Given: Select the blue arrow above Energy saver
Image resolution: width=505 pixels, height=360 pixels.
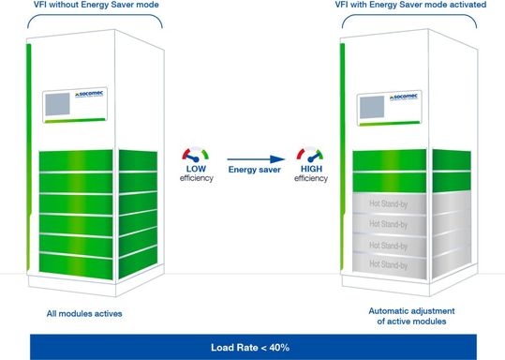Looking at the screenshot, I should [256, 159].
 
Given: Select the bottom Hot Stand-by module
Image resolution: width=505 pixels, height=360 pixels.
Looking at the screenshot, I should [387, 266].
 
